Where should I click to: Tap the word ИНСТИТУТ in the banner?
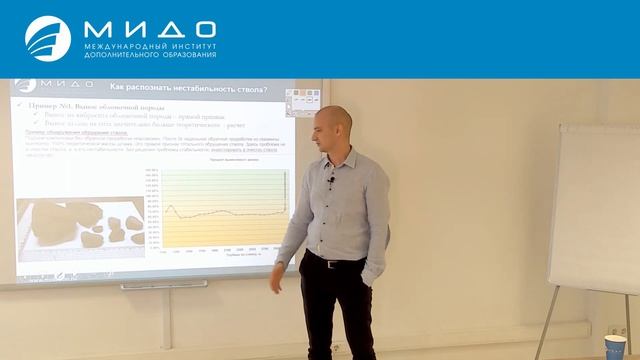pyautogui.click(x=188, y=46)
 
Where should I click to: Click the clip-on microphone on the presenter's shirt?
pyautogui.click(x=331, y=182)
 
